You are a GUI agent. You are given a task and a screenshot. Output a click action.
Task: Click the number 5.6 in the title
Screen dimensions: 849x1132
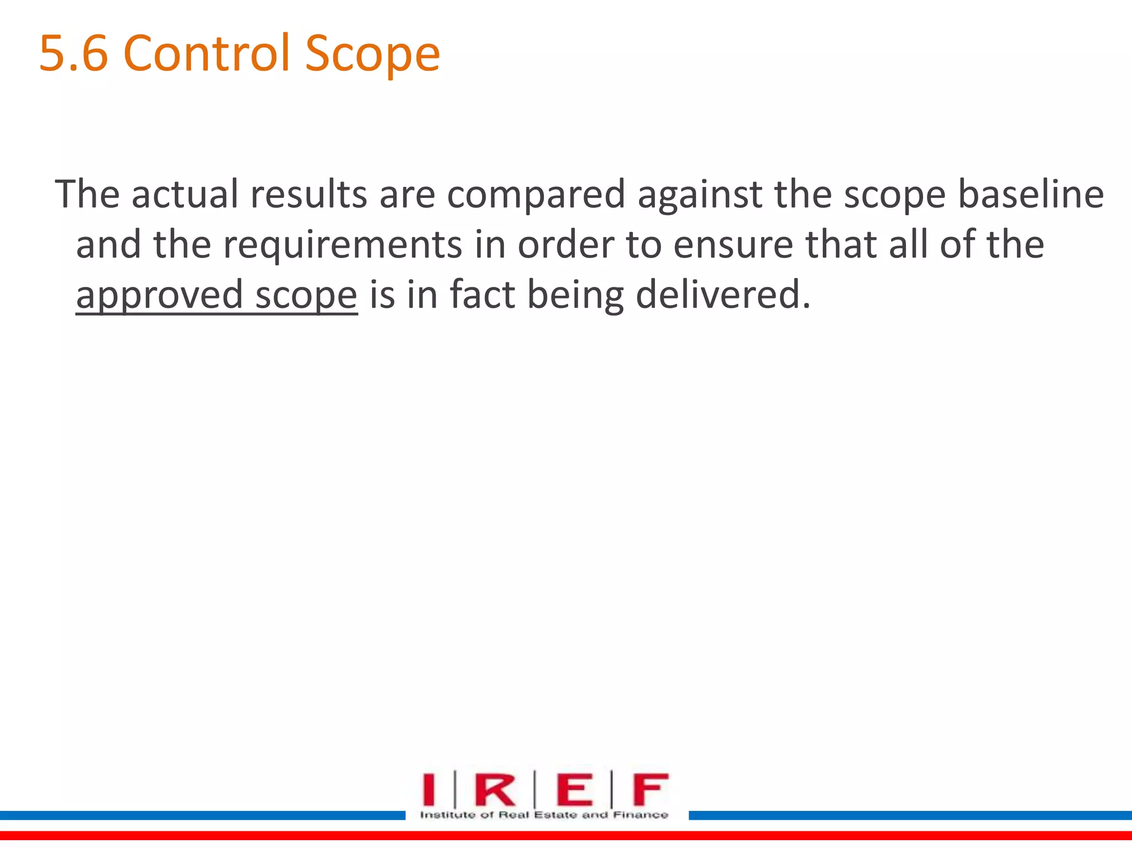(x=73, y=54)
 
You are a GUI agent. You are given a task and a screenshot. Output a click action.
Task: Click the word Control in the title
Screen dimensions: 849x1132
(x=207, y=54)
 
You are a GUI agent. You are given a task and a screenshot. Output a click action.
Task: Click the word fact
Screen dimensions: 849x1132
(x=482, y=294)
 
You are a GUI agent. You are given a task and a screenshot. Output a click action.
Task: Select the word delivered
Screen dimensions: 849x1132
(x=723, y=294)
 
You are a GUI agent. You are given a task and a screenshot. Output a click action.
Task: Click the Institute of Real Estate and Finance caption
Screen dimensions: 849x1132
(x=544, y=815)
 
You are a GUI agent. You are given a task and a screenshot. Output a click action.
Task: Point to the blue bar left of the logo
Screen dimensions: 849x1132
(x=202, y=815)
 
